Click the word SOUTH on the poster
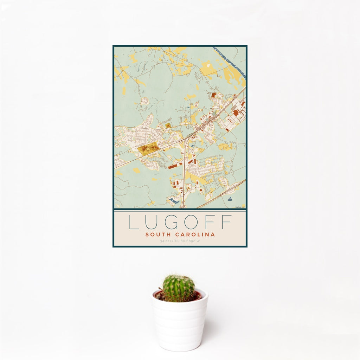pyautogui.click(x=157, y=234)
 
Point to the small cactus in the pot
pyautogui.click(x=178, y=288)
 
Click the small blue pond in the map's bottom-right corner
pyautogui.click(x=230, y=199)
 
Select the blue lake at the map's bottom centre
pyautogui.click(x=173, y=201)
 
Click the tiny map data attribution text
pyautogui.click(x=240, y=207)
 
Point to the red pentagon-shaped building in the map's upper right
pyautogui.click(x=214, y=95)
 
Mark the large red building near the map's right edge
pyautogui.click(x=236, y=112)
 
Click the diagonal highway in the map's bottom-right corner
pyautogui.click(x=221, y=194)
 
